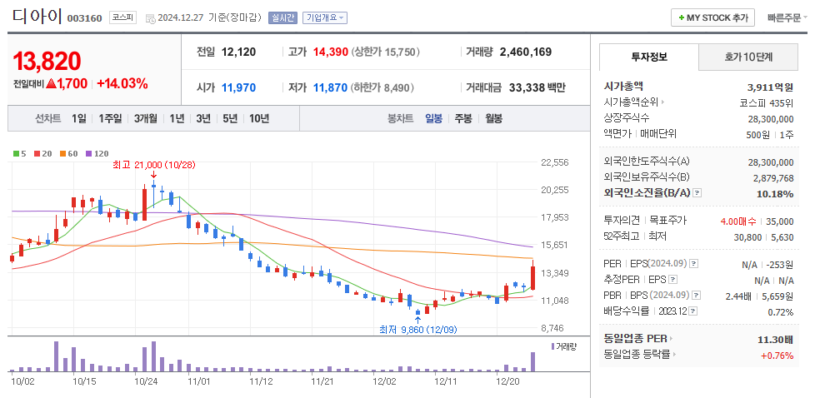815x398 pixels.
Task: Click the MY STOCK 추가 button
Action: click(713, 17)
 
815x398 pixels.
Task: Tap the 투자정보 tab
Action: click(648, 57)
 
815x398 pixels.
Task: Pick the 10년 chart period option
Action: click(258, 118)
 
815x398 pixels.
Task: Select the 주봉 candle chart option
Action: click(462, 118)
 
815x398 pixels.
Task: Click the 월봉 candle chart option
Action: click(493, 118)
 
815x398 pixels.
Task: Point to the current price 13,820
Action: click(47, 60)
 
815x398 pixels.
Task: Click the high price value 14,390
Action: click(330, 52)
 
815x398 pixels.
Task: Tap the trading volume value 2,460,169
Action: click(525, 52)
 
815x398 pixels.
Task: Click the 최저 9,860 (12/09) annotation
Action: click(417, 330)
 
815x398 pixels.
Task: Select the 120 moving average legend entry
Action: click(97, 153)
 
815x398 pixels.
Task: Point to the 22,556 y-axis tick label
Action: click(554, 162)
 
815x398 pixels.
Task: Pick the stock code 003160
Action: click(84, 18)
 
